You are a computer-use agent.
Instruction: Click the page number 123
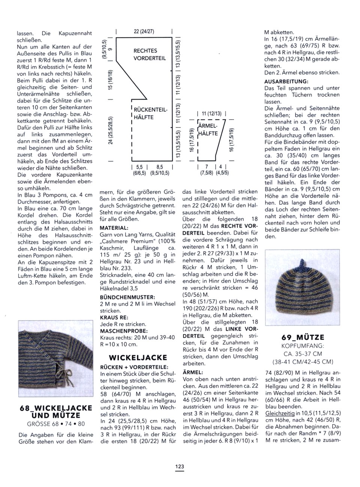(180, 467)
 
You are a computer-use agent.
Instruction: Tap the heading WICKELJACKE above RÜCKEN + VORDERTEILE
(138, 357)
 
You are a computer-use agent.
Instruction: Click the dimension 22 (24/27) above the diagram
(144, 31)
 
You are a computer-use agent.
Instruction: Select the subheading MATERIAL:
(114, 228)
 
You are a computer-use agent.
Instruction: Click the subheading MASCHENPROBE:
(118, 331)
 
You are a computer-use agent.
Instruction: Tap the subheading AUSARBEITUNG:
(286, 81)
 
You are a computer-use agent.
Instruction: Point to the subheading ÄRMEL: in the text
(193, 372)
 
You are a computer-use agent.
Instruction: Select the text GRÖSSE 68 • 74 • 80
(55, 424)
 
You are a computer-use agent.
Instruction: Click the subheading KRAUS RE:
(114, 317)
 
